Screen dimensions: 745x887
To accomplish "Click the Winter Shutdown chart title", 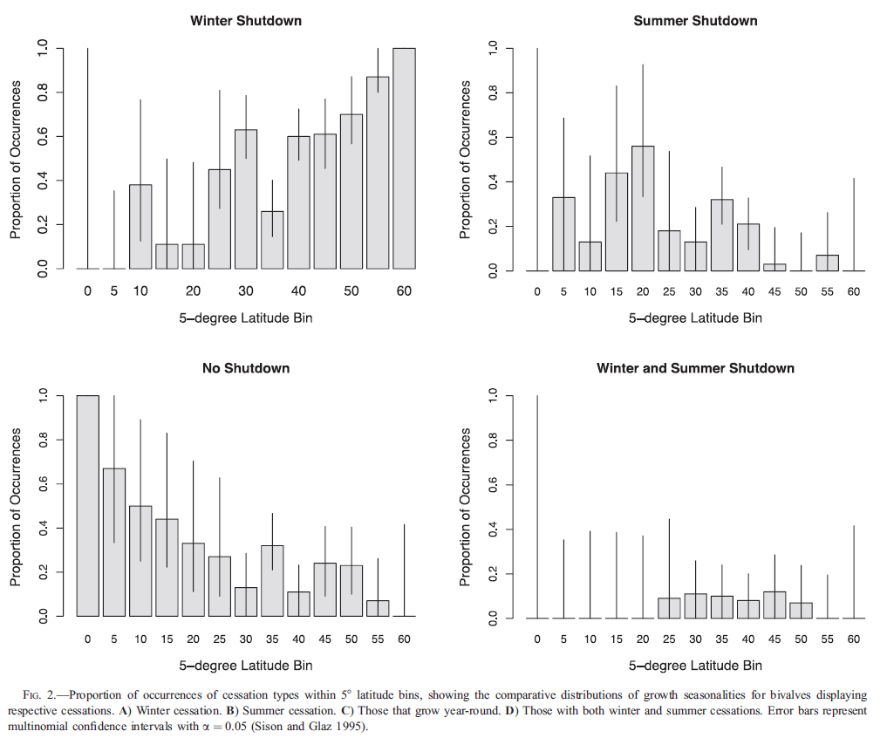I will pyautogui.click(x=246, y=20).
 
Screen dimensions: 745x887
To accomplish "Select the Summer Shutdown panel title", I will pyautogui.click(x=695, y=20).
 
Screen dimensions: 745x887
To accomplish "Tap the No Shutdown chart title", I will pyautogui.click(x=246, y=368).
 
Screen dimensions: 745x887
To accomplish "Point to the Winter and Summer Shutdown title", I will pyautogui.click(x=695, y=368).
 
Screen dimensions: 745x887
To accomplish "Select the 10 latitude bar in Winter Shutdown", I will pyautogui.click(x=140, y=227).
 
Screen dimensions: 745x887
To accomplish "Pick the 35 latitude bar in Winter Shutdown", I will pyautogui.click(x=272, y=240).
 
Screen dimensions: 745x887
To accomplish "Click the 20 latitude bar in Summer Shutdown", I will pyautogui.click(x=643, y=208).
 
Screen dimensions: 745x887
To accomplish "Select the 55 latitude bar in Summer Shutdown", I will pyautogui.click(x=827, y=263).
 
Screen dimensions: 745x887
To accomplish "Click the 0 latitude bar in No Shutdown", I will pyautogui.click(x=88, y=506).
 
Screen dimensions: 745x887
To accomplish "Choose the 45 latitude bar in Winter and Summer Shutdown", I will pyautogui.click(x=774, y=605).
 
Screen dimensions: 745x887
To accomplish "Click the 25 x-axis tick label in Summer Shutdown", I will pyautogui.click(x=669, y=291).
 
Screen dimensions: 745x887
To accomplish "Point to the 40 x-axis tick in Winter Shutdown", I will pyautogui.click(x=298, y=291).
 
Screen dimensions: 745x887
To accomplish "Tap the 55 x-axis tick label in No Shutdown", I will pyautogui.click(x=378, y=639).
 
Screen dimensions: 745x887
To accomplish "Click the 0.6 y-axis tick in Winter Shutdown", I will pyautogui.click(x=40, y=137).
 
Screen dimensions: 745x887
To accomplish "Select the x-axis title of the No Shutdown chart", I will pyautogui.click(x=246, y=666).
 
